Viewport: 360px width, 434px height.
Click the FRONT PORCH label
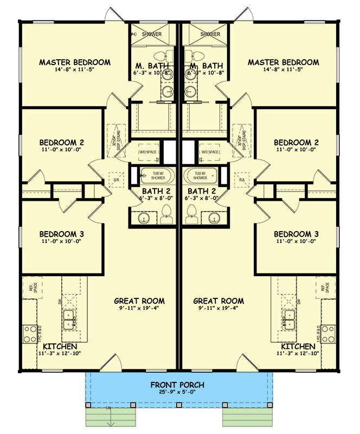pos(179,386)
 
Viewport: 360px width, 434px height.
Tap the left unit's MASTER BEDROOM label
pos(75,62)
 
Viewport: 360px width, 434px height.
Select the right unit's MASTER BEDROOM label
pos(284,62)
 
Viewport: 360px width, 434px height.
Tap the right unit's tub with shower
pos(200,175)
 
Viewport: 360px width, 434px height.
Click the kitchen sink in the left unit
pos(69,320)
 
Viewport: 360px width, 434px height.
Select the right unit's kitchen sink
pos(289,320)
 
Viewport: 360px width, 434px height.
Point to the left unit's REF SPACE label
pos(34,288)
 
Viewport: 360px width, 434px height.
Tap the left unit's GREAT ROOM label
pos(139,301)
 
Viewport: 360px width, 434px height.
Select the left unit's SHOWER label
pos(152,34)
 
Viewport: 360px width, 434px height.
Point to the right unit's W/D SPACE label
pos(209,152)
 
